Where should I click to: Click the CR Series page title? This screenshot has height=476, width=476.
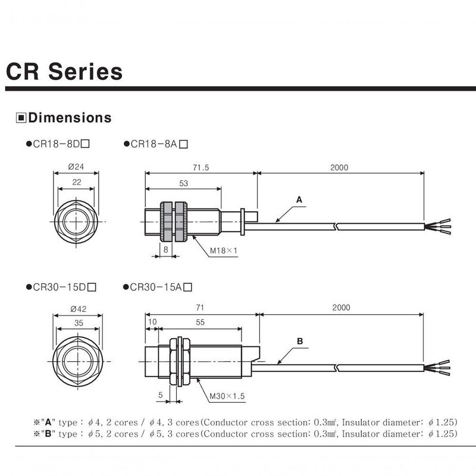pyautogui.click(x=64, y=72)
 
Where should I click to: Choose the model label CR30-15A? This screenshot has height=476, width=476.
pyautogui.click(x=157, y=287)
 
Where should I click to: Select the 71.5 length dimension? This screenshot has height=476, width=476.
pyautogui.click(x=201, y=168)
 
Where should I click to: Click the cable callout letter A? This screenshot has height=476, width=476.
pyautogui.click(x=299, y=199)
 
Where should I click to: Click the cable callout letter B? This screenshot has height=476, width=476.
pyautogui.click(x=300, y=342)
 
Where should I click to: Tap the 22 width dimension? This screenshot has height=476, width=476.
pyautogui.click(x=77, y=183)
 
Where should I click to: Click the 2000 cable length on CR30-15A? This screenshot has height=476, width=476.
pyautogui.click(x=341, y=308)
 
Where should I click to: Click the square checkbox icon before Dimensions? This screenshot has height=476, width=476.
pyautogui.click(x=21, y=118)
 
